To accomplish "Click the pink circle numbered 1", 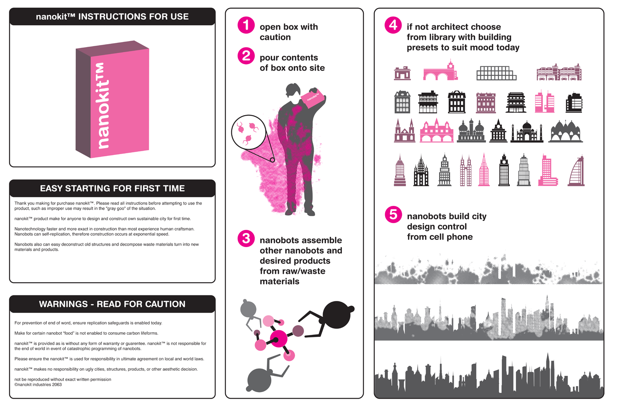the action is tap(246, 25).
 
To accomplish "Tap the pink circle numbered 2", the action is tap(246, 56).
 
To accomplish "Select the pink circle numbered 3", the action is tap(246, 238).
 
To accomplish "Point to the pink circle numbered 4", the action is tap(393, 25).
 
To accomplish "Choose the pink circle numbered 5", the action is tap(393, 214).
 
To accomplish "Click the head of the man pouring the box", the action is tap(293, 90).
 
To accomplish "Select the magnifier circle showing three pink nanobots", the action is tap(249, 132).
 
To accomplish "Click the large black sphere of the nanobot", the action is tap(336, 315).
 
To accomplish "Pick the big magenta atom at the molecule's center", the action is tap(279, 339).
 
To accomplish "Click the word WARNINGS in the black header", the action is tap(63, 304).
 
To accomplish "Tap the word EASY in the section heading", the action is tap(52, 188).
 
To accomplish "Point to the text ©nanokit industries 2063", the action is tap(38, 384).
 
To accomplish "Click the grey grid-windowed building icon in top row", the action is tap(496, 73).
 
